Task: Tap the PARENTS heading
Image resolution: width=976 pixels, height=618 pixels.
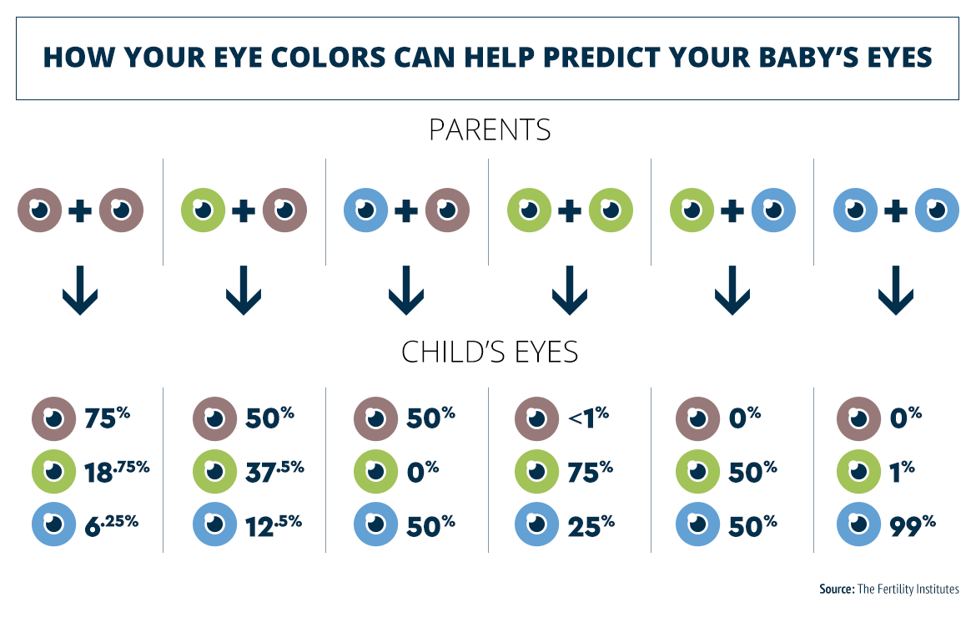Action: (490, 131)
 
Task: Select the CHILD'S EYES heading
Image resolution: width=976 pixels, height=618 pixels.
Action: (490, 352)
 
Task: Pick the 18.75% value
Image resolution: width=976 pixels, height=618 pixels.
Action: (117, 472)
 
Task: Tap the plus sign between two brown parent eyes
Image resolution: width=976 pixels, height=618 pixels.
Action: (81, 211)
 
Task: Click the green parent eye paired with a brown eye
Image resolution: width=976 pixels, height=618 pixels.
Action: (203, 211)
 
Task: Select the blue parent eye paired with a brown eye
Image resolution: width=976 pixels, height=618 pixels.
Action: (365, 211)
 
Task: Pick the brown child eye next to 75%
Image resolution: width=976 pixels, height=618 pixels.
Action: (53, 418)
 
